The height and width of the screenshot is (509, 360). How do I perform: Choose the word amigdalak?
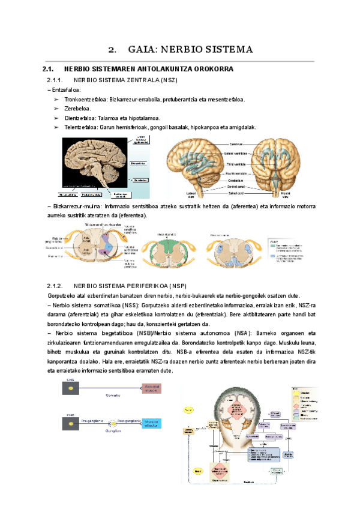(242, 127)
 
